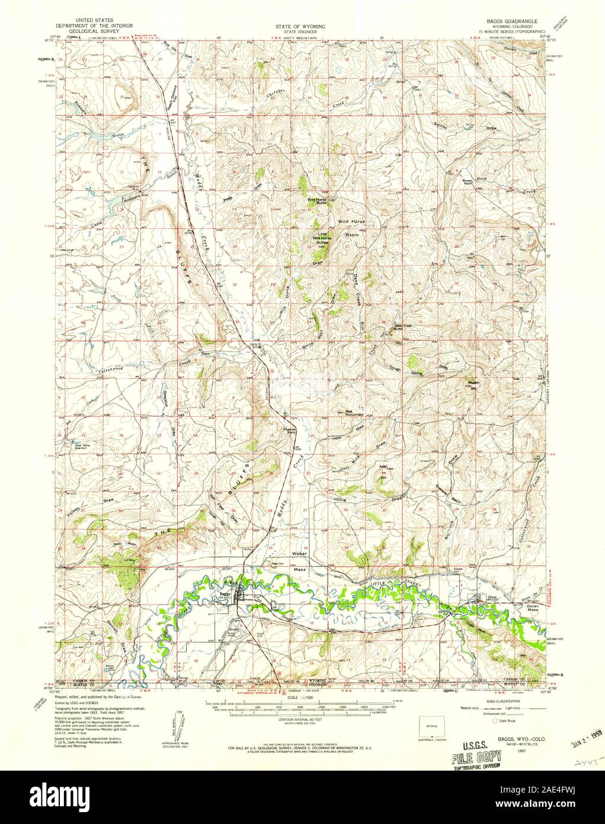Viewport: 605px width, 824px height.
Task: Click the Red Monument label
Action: (353, 413)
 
